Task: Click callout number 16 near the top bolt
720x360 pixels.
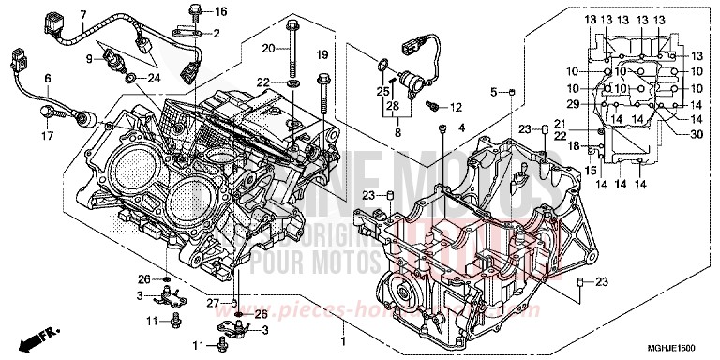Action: [221, 11]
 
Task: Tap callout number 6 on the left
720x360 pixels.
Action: [46, 78]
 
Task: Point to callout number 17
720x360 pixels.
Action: [46, 135]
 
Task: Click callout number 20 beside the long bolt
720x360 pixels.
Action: [268, 48]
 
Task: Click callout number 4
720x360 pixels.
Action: [460, 127]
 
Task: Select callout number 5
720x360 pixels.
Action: [494, 91]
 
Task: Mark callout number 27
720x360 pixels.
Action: [213, 303]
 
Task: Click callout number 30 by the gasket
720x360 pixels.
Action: [695, 134]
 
